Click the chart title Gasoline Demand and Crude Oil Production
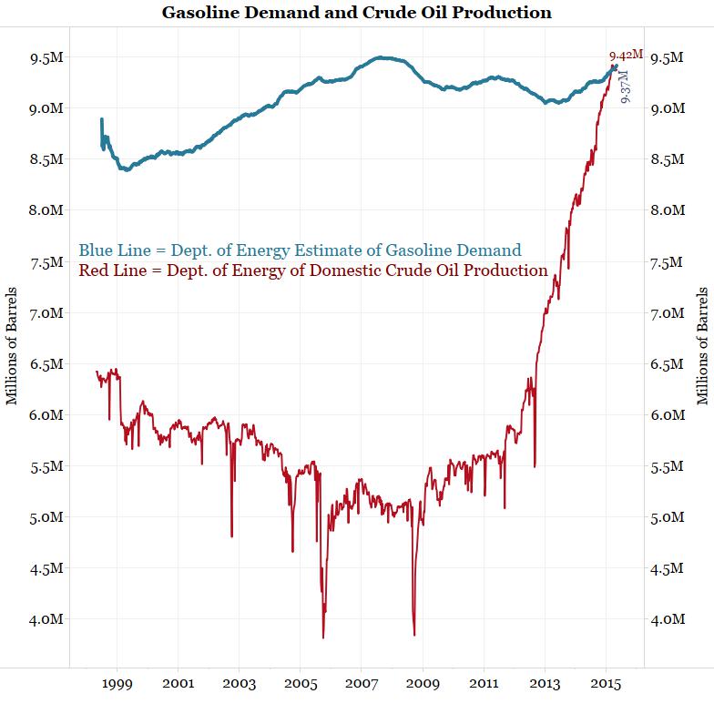pos(356,13)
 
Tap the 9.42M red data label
pos(626,55)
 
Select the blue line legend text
pos(300,250)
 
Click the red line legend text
pos(313,270)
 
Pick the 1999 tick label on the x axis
pos(117,683)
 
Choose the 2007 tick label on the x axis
pos(362,683)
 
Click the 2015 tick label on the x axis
pos(607,683)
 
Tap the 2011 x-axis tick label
pos(484,683)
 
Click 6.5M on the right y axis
pos(667,364)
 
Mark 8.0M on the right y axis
pos(667,210)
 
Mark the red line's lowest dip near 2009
pos(414,635)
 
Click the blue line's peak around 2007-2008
pos(384,57)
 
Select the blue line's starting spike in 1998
pos(101,119)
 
